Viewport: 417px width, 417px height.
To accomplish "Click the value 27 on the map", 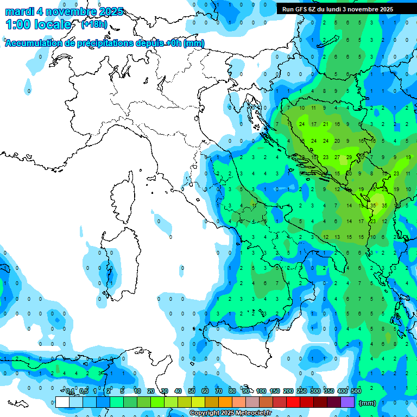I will [x=338, y=157].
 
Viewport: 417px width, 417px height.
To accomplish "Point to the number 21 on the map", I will [x=326, y=124].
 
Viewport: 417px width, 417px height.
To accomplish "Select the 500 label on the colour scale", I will [x=356, y=391].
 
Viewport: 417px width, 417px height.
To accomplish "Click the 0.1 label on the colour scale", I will [x=70, y=391].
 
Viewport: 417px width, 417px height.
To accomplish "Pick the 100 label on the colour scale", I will [x=261, y=391].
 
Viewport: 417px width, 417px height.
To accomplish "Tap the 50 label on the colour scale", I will [x=192, y=391].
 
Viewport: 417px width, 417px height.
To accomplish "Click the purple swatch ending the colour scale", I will [x=347, y=402].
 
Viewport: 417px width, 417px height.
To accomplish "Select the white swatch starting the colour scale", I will [x=62, y=402].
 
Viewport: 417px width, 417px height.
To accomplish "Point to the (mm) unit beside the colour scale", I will [x=368, y=402].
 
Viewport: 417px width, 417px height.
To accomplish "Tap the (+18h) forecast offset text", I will [x=94, y=24].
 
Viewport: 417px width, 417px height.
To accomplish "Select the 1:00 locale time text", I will [x=38, y=24].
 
